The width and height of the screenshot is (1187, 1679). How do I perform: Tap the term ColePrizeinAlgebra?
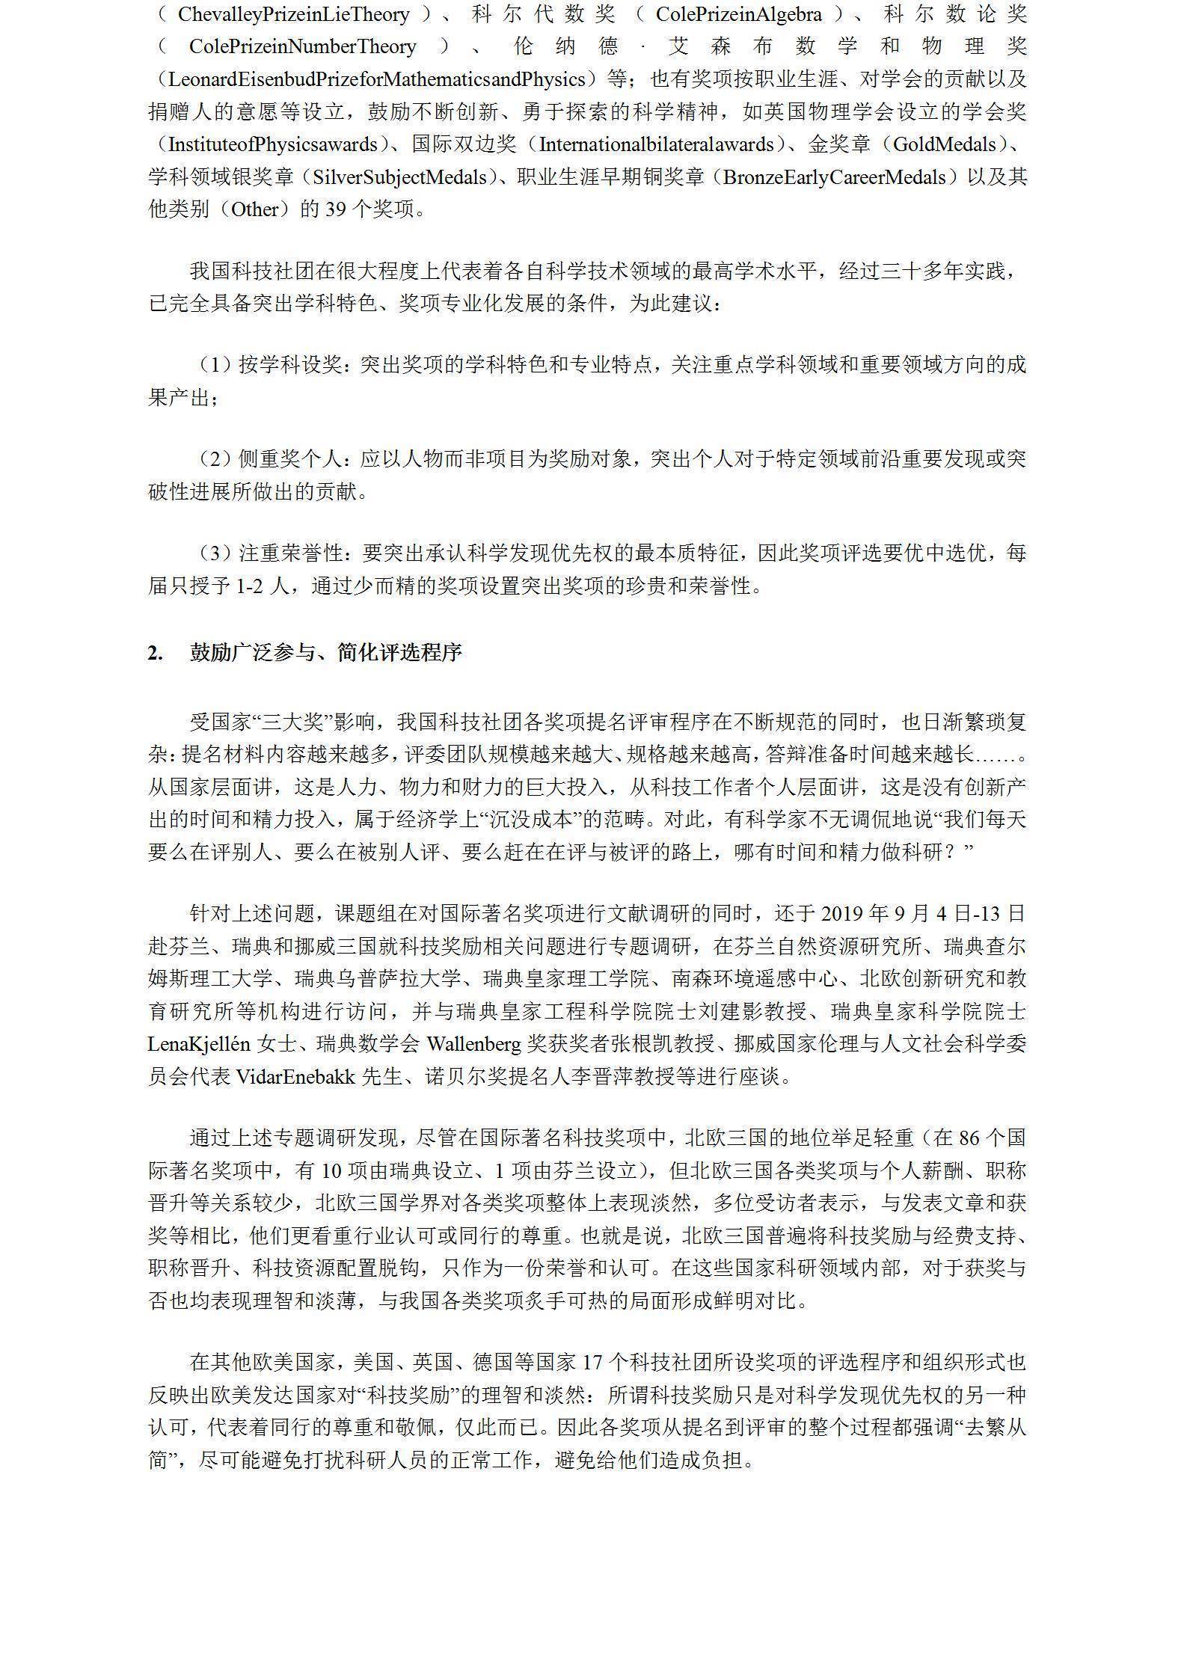point(738,14)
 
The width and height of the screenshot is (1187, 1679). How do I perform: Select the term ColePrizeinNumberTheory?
point(302,46)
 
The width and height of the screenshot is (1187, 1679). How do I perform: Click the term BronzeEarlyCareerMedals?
point(830,177)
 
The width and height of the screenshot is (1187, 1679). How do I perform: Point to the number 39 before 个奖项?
point(334,209)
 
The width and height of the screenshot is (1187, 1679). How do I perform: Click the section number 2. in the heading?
point(155,653)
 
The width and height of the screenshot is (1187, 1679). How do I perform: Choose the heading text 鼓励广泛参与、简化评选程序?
point(326,653)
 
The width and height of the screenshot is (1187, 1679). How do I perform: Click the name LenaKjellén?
point(198,1044)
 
